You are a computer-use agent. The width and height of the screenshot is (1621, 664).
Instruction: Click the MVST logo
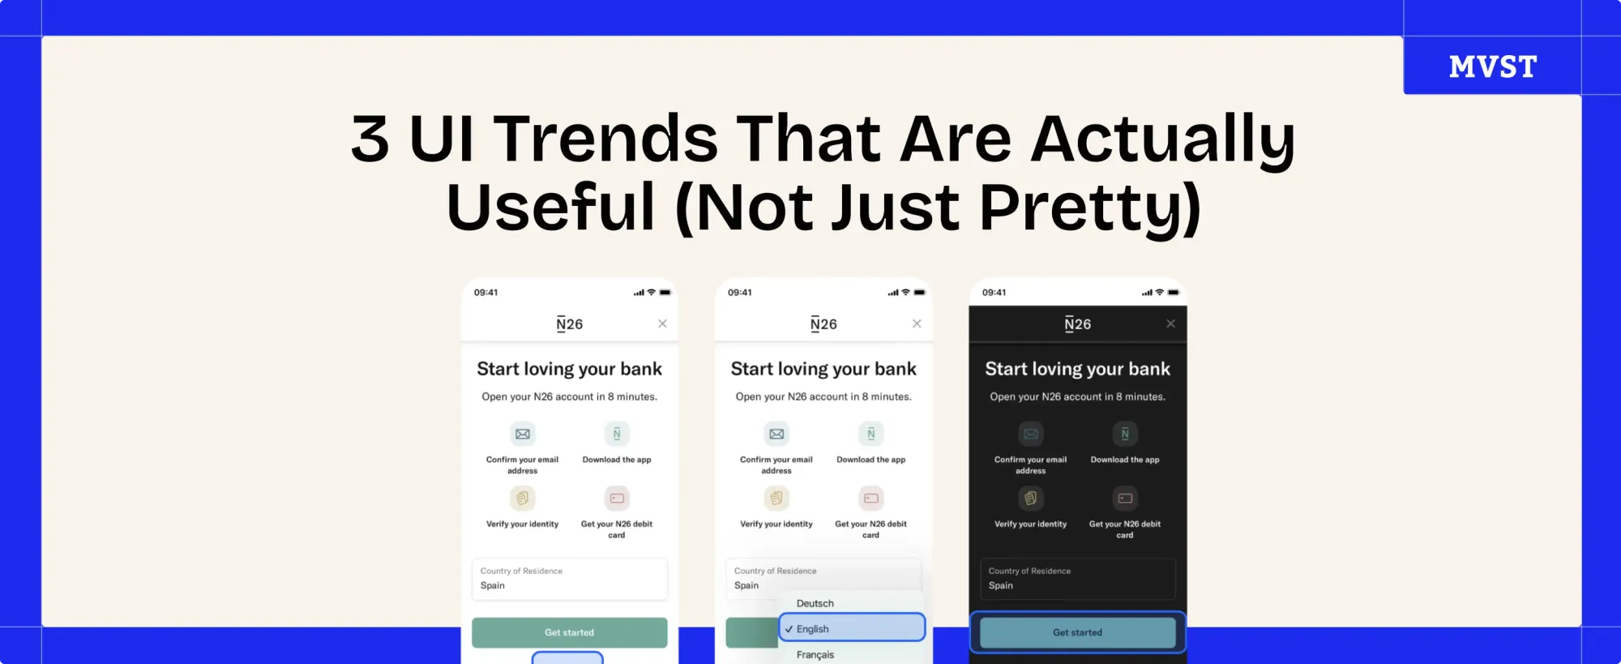(x=1492, y=66)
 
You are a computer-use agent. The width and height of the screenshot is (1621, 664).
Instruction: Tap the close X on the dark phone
(x=1170, y=323)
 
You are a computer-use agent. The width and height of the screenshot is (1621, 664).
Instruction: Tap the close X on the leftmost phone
(x=662, y=323)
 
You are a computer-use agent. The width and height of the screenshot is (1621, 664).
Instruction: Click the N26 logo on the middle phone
(x=823, y=324)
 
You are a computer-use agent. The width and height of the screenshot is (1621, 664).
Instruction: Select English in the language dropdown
(x=851, y=628)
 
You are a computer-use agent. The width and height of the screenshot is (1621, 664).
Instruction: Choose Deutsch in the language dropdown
(x=815, y=603)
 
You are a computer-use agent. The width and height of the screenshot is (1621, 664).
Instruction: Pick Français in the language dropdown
(x=815, y=654)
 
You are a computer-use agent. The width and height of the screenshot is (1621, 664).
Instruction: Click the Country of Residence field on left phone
(x=569, y=579)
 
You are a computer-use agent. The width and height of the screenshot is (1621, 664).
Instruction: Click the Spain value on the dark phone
(x=1001, y=585)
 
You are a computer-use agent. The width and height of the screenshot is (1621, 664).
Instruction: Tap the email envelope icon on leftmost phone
(x=523, y=434)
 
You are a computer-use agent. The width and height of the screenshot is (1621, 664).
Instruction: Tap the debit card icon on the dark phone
(x=1125, y=498)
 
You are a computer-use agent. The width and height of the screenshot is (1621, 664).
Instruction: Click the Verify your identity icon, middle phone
(x=776, y=498)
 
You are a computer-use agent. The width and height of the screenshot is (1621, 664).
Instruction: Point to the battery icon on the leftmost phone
(x=665, y=293)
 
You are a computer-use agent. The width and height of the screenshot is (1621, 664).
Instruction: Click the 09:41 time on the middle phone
(x=739, y=293)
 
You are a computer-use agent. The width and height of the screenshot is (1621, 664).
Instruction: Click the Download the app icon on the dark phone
(x=1125, y=434)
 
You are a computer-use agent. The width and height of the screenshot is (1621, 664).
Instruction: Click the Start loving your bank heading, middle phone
(x=823, y=369)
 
